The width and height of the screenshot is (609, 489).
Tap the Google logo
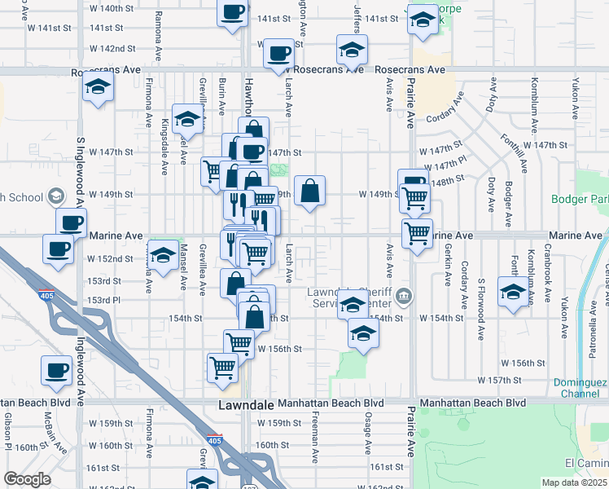pos(27,479)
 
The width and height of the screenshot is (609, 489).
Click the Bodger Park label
pos(580,200)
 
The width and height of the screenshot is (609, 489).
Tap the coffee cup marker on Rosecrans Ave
pos(279,54)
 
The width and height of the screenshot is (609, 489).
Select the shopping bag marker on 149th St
pos(310,192)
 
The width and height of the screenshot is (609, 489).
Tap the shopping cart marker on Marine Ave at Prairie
pos(418,234)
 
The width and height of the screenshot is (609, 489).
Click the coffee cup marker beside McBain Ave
pos(57,371)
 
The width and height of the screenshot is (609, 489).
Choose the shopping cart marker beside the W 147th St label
pos(212,170)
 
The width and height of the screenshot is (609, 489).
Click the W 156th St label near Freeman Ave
pos(280,348)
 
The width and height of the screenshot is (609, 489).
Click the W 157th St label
pos(521,380)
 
